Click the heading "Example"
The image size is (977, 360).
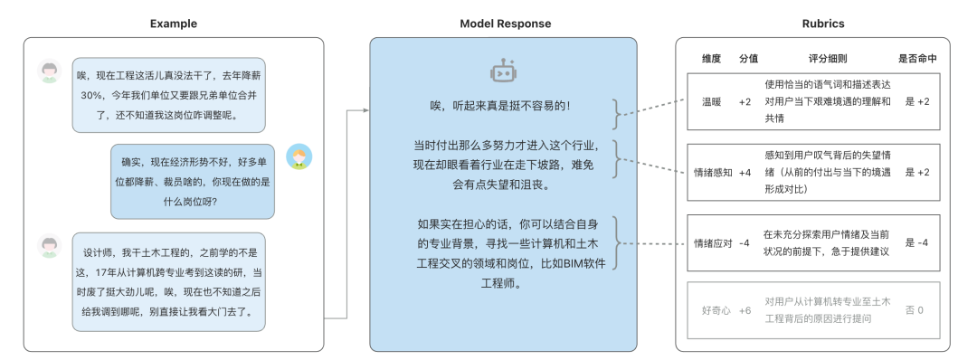click(173, 24)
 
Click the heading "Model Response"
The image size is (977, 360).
click(502, 24)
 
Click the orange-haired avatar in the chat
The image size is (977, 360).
click(299, 157)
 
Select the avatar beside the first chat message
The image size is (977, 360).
click(51, 71)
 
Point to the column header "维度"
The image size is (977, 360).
click(712, 59)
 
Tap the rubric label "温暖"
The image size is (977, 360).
click(712, 101)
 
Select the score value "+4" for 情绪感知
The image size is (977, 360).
click(745, 172)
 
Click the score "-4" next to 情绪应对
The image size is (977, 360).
click(745, 242)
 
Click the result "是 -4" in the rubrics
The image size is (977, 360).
click(916, 242)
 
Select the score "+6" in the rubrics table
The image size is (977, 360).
click(745, 310)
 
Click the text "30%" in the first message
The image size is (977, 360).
click(91, 95)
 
